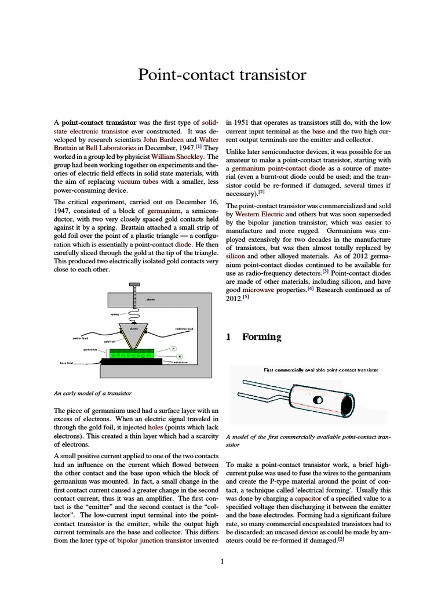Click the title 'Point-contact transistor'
(x=222, y=75)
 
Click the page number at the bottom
(x=222, y=561)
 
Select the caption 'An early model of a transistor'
(x=93, y=393)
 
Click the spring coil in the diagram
(x=134, y=314)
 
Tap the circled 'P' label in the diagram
(x=173, y=348)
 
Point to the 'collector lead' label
(x=184, y=329)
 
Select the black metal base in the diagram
(x=130, y=361)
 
